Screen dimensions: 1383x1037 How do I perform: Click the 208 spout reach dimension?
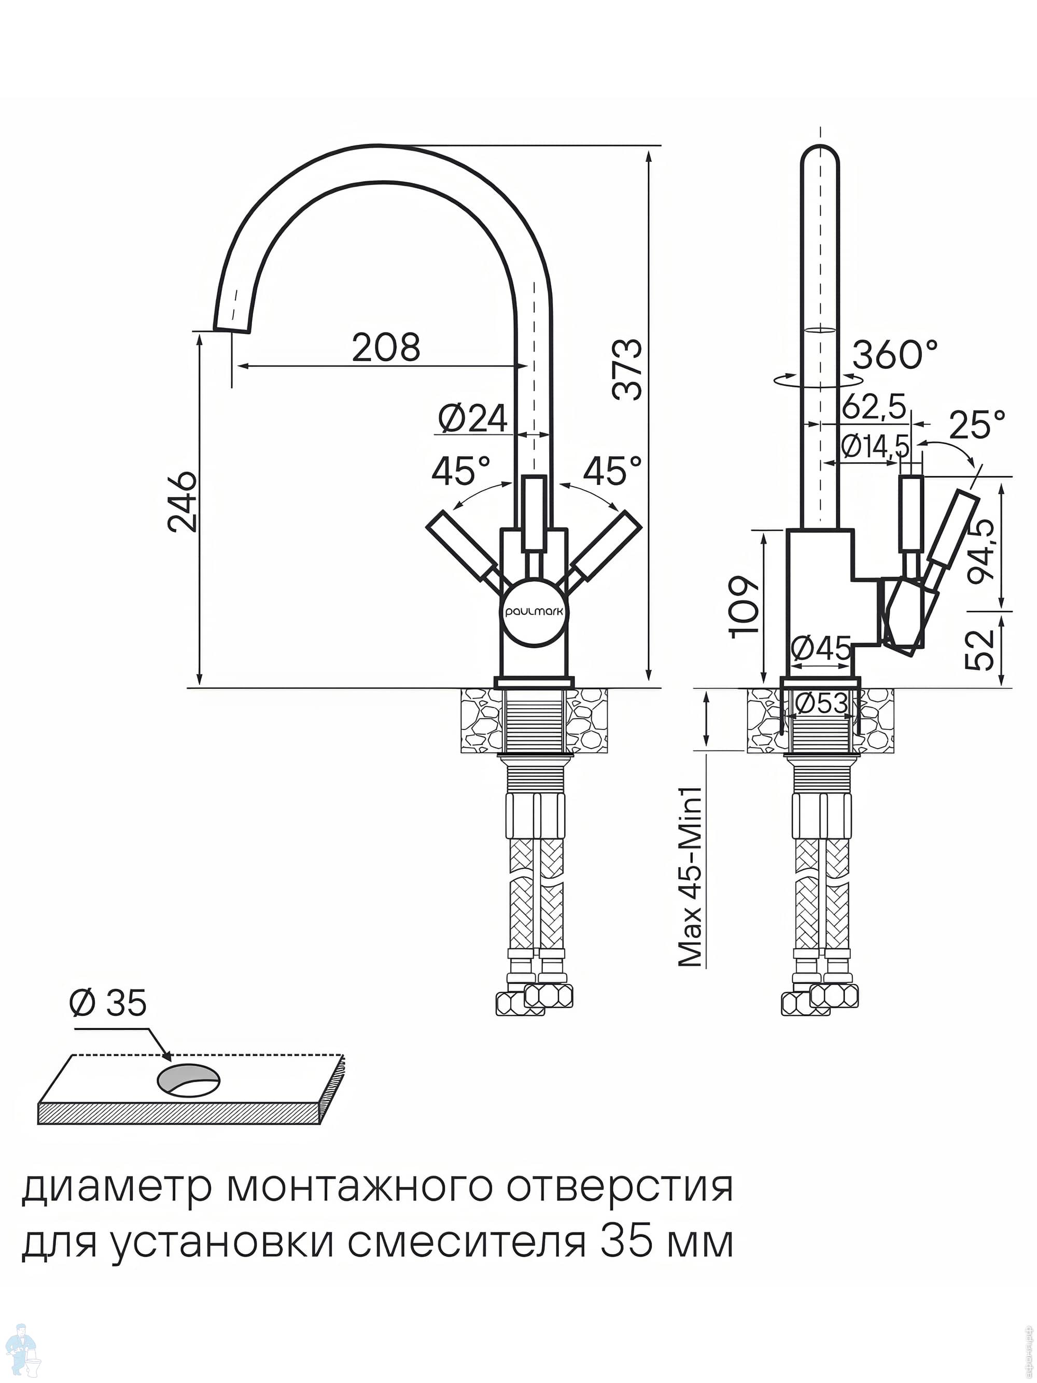point(386,348)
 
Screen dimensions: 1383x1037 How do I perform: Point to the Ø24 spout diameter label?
point(472,418)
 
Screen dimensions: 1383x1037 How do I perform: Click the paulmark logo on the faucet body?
point(534,613)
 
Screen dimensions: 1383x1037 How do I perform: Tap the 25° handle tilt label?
point(977,425)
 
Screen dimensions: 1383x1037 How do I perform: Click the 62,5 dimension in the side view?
point(873,407)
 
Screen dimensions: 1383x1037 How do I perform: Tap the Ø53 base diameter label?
point(821,704)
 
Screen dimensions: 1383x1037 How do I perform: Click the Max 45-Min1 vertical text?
point(691,877)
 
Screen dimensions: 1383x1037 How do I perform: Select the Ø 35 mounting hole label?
point(108,1003)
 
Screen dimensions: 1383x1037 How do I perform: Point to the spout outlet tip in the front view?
point(232,328)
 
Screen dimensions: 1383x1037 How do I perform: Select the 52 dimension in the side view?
point(982,649)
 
